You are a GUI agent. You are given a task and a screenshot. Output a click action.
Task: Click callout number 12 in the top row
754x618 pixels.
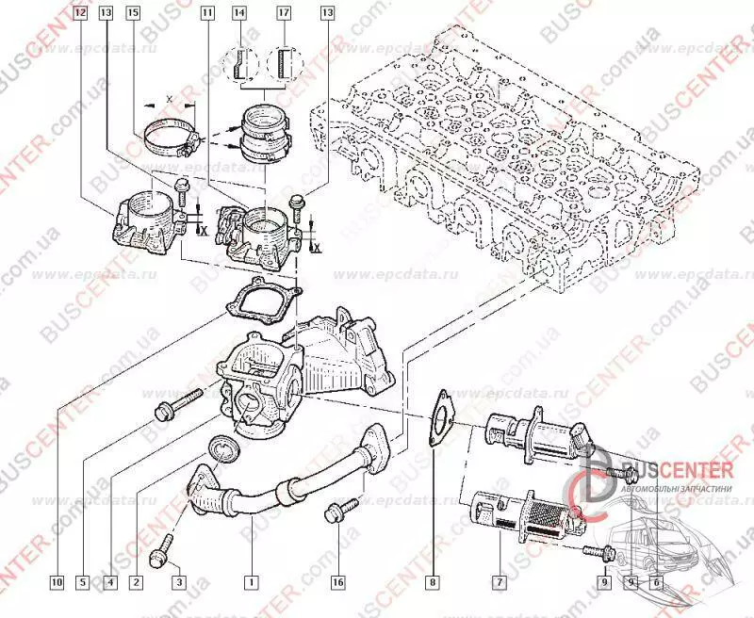click(79, 13)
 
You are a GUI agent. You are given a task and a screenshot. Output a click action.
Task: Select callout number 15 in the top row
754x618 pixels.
click(132, 13)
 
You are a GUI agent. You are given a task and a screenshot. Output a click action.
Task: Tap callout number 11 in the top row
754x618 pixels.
click(207, 13)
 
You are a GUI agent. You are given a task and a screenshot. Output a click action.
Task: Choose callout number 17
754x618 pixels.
click(284, 13)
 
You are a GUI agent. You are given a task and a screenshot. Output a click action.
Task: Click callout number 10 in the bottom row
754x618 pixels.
click(57, 582)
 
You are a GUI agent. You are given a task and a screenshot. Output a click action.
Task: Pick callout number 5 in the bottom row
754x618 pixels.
click(83, 582)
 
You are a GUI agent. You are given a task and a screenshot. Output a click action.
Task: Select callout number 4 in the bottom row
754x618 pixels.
click(110, 582)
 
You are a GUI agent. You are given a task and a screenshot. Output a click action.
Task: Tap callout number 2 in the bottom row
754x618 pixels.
click(136, 582)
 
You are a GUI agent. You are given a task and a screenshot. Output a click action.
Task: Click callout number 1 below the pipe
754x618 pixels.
click(251, 582)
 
